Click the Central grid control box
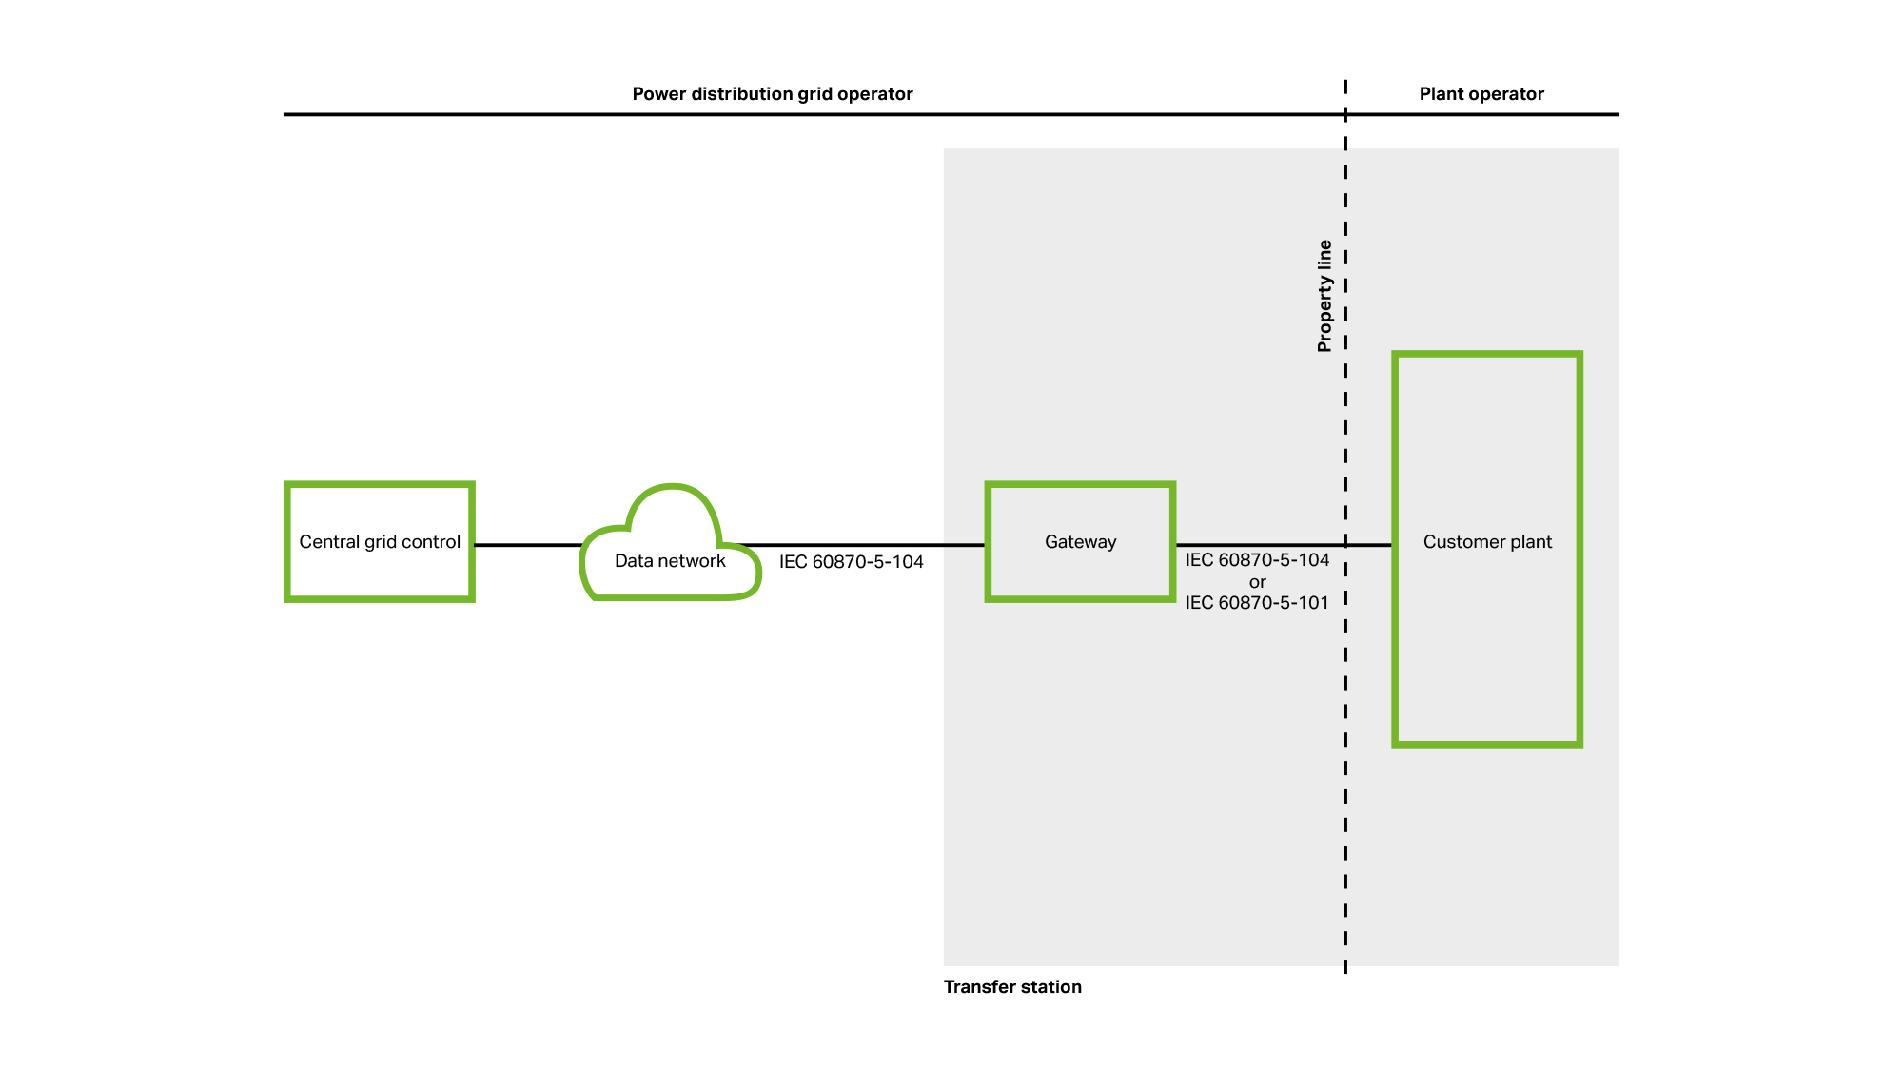click(x=380, y=541)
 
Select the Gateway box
click(x=1080, y=541)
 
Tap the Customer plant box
click(x=1487, y=549)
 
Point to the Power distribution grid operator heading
click(x=773, y=94)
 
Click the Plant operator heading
click(x=1481, y=94)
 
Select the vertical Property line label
click(x=1324, y=296)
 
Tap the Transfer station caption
click(x=1012, y=987)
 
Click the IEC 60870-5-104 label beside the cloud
click(x=852, y=562)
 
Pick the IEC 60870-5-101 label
click(x=1257, y=603)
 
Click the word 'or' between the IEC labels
click(x=1258, y=582)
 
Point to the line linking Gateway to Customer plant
click(x=1285, y=545)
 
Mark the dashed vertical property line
click(x=1345, y=527)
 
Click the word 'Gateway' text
click(x=1080, y=542)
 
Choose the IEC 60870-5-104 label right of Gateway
click(x=1257, y=560)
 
